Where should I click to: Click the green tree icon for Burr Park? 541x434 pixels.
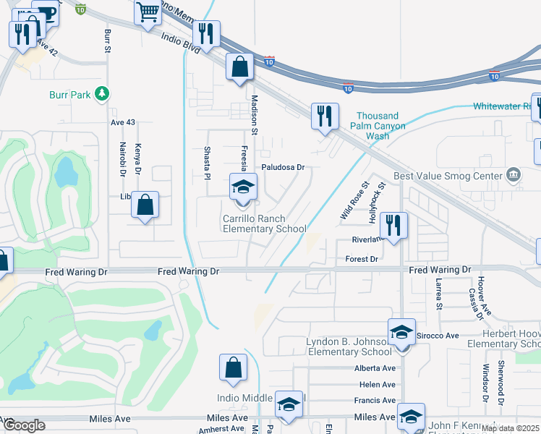point(103,94)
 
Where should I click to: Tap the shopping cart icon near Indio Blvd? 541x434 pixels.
point(148,12)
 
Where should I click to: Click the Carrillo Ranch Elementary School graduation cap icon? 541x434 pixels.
point(243,187)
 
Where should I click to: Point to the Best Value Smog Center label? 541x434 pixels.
point(447,176)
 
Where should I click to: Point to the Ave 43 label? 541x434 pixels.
point(123,122)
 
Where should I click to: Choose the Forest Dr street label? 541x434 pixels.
point(362,258)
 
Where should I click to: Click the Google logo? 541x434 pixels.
point(24,425)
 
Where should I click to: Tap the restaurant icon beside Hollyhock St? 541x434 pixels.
point(393,225)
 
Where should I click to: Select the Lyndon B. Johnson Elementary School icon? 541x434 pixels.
point(401,332)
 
